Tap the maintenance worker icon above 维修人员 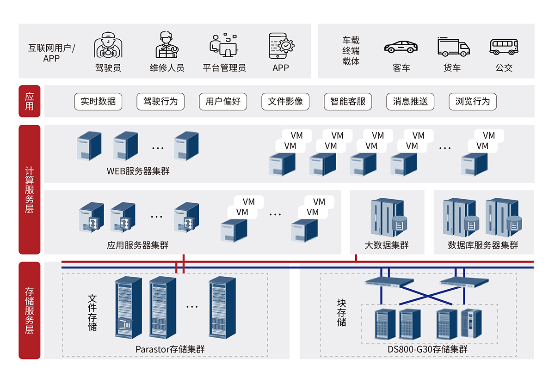click(166, 45)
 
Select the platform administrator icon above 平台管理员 click(224, 45)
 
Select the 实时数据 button click(98, 102)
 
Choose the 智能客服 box click(348, 102)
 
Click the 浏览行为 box click(472, 102)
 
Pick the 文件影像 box click(285, 102)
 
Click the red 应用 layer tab click(30, 101)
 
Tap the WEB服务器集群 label click(138, 171)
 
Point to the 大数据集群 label click(387, 245)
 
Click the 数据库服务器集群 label click(483, 245)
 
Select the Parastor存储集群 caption click(170, 349)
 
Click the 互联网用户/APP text click(51, 53)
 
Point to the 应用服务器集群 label click(138, 245)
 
